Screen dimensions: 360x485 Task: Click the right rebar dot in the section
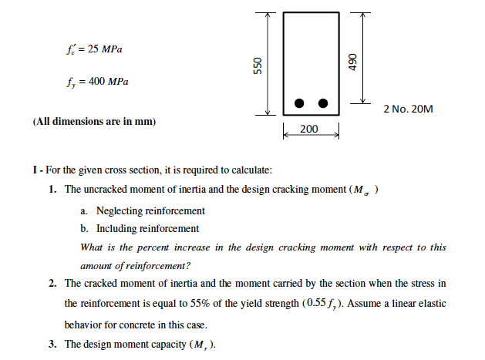(323, 103)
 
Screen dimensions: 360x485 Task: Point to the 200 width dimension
(309, 129)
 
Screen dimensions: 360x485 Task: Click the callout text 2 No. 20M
(408, 109)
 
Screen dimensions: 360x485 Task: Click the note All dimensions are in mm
(95, 123)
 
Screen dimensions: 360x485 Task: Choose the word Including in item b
(118, 228)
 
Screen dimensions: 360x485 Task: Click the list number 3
(52, 344)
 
